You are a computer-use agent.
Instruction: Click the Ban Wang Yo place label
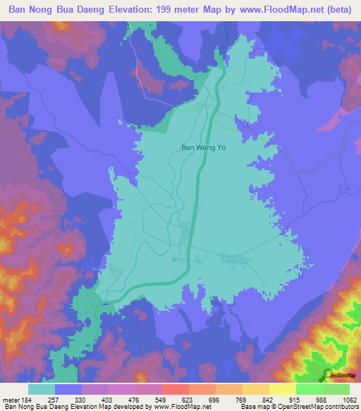[x=203, y=148]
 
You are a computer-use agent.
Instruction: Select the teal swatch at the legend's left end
[x=42, y=390]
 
